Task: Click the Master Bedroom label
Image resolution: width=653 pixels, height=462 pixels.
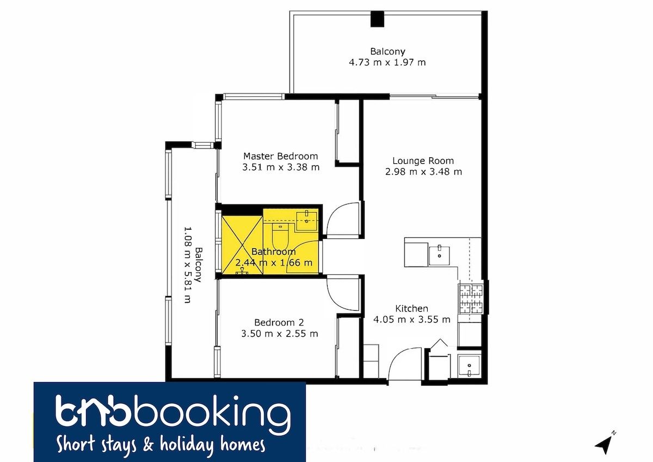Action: click(280, 156)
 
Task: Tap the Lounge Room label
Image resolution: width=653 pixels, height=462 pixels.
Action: click(423, 161)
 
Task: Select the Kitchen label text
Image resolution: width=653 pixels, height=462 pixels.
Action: click(411, 309)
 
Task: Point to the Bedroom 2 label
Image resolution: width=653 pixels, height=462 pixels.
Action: click(279, 322)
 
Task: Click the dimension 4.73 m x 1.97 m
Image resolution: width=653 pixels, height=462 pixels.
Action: click(387, 63)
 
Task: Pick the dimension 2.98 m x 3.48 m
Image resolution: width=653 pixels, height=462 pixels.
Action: click(423, 171)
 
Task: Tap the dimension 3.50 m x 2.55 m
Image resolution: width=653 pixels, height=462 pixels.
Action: click(279, 334)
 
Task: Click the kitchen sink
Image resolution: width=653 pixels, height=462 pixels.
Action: click(439, 256)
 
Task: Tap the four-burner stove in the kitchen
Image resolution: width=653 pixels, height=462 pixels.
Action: click(471, 299)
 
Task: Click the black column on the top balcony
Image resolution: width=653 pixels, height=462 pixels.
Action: click(377, 19)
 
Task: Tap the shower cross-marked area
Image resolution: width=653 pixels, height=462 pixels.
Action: click(242, 245)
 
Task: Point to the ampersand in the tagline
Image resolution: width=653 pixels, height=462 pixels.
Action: click(149, 445)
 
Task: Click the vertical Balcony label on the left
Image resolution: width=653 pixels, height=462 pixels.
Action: click(199, 264)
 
